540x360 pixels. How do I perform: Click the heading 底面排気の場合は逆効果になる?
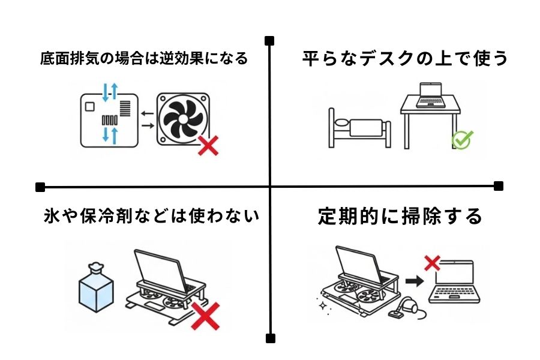[x=144, y=59]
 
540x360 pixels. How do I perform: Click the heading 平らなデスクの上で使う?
[x=404, y=59]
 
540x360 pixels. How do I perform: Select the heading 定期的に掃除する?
[x=400, y=215]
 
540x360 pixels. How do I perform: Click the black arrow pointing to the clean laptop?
[x=412, y=280]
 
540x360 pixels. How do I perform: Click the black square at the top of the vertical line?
[x=270, y=41]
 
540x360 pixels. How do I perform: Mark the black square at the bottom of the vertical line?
[x=270, y=337]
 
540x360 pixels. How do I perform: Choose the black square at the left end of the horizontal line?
[x=41, y=186]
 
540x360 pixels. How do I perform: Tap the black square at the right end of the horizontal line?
[x=498, y=186]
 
